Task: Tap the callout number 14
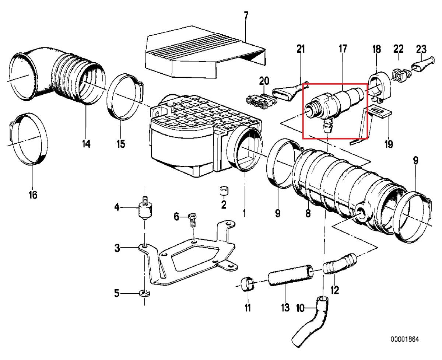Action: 86,144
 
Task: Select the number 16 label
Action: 33,195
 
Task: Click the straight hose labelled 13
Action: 291,276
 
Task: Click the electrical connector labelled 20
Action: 261,100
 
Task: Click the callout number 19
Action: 389,144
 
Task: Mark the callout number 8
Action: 308,213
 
